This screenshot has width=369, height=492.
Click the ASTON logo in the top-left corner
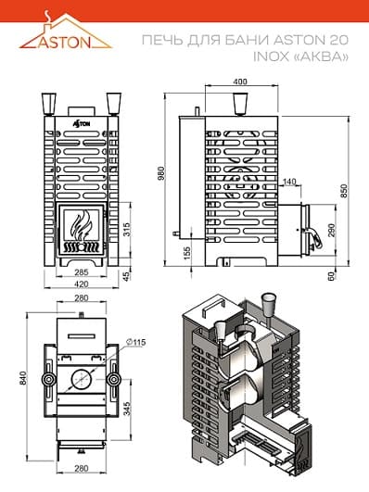coord(65,31)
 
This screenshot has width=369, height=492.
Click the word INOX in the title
coord(271,57)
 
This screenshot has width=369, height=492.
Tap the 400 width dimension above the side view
coord(240,82)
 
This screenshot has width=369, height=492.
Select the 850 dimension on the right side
coord(345,191)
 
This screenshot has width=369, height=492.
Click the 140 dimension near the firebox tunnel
coord(289,182)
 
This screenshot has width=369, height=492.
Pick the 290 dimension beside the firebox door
coord(331,230)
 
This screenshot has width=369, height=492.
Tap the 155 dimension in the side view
coord(186,254)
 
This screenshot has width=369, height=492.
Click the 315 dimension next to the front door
coord(126,230)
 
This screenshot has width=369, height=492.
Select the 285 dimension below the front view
coord(81,272)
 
